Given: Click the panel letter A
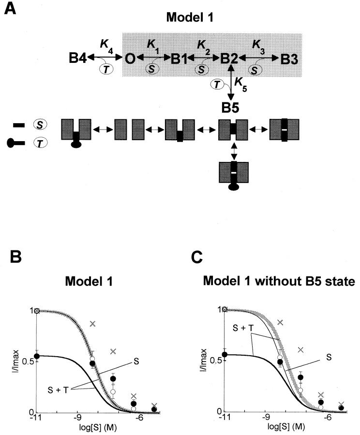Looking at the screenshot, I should tap(12, 9).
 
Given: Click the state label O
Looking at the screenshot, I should tap(130, 59).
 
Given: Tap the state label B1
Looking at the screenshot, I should tap(180, 59).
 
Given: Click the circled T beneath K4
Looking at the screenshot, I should tap(106, 70).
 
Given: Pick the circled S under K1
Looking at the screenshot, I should tap(151, 70).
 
